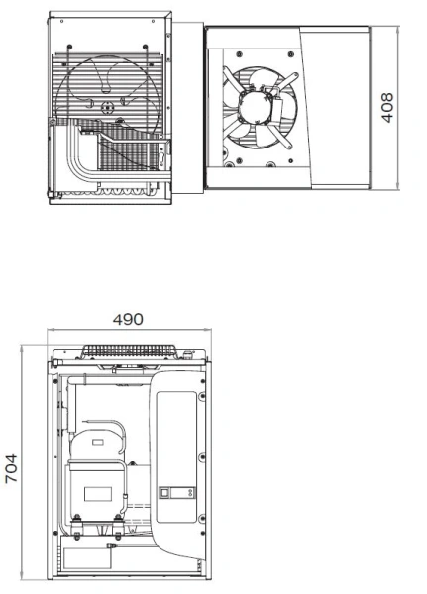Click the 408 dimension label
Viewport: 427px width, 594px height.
click(x=387, y=108)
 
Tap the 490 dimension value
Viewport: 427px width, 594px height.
click(x=128, y=320)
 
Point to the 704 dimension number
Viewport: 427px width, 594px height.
click(x=11, y=468)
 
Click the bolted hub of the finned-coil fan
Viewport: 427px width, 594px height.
click(x=107, y=108)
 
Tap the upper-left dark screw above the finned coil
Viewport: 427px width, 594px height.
click(x=69, y=47)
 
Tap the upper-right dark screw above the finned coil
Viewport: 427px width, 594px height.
click(x=145, y=47)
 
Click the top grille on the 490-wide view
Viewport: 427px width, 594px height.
click(x=130, y=350)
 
